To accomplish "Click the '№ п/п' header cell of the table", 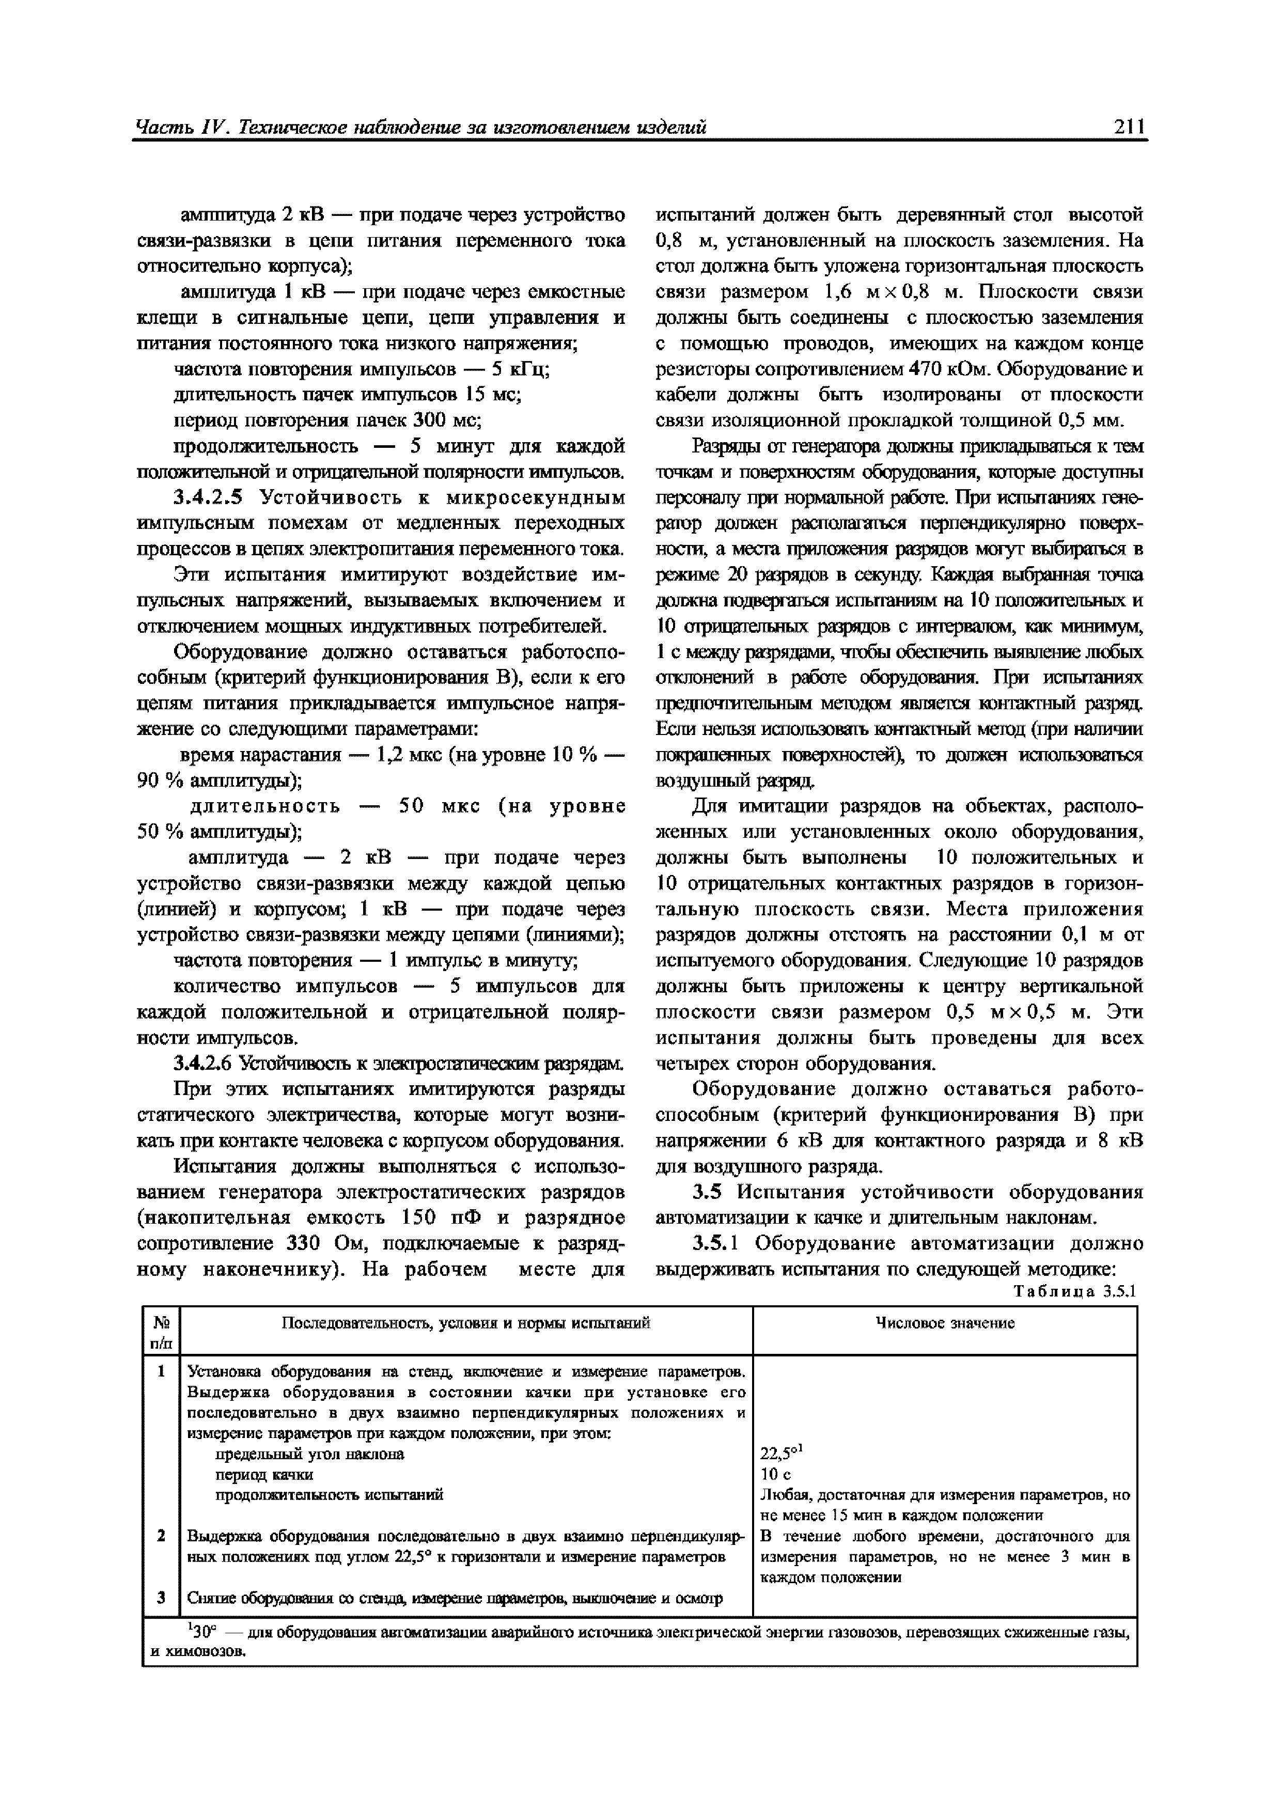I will (x=161, y=1332).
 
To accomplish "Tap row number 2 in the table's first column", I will (x=161, y=1536).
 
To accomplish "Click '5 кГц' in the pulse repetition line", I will (x=521, y=369).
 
